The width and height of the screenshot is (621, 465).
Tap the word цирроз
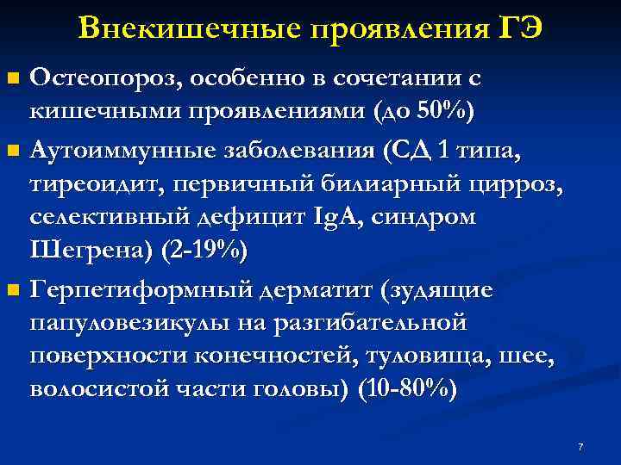[x=508, y=187]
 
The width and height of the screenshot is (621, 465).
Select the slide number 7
[x=580, y=447]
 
